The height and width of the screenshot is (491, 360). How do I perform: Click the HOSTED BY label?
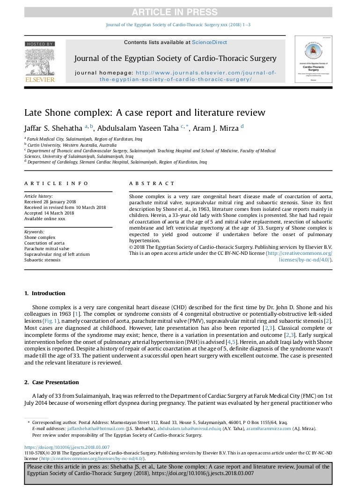coord(40,44)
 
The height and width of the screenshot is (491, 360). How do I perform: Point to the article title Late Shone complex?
coord(145,113)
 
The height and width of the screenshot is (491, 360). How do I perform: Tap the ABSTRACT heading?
coord(152,184)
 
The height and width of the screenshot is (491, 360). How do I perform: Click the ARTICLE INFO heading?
coord(56,184)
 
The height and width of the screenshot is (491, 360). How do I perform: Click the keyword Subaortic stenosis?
coord(45,259)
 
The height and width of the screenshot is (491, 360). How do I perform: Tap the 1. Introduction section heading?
coord(45,293)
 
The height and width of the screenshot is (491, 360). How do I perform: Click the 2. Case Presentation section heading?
coord(51,382)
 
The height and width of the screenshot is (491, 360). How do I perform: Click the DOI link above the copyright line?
coord(67,447)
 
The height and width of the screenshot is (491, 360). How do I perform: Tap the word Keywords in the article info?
coord(35,232)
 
